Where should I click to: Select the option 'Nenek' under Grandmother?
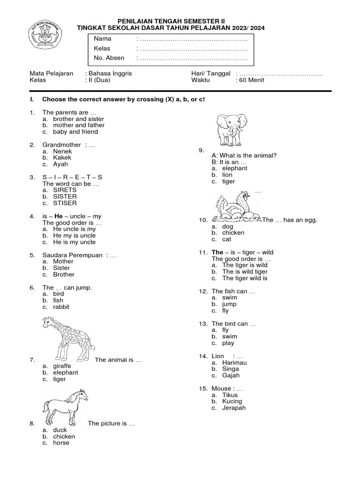click(62, 151)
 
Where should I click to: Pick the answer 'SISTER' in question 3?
click(65, 197)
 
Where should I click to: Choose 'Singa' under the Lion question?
click(230, 369)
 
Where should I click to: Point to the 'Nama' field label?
click(103, 38)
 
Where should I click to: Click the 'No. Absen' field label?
click(109, 58)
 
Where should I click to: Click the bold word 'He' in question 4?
click(59, 216)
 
